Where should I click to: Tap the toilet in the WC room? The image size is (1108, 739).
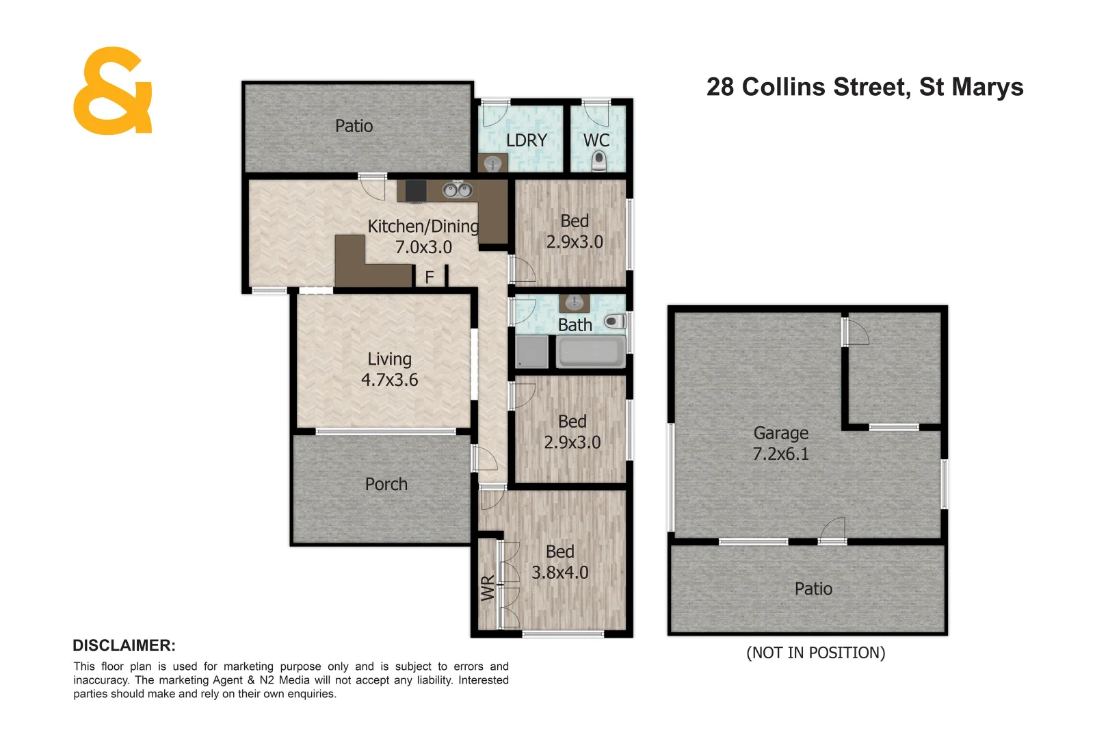[599, 161]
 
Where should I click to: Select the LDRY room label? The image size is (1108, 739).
[526, 140]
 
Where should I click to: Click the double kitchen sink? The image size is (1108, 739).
[457, 190]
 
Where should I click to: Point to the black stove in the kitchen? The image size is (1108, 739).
[416, 191]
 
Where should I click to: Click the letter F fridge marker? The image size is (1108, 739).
[430, 277]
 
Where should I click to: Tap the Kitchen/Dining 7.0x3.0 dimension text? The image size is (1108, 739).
[423, 247]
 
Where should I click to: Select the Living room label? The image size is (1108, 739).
[389, 359]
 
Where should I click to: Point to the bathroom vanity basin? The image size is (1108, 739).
[574, 303]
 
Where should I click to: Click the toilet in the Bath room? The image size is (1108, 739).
[614, 321]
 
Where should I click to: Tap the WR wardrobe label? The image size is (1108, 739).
[488, 588]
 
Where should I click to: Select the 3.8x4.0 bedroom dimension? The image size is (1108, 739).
[559, 573]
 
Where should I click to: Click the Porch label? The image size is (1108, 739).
[386, 484]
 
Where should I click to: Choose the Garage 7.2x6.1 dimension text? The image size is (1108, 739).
[780, 454]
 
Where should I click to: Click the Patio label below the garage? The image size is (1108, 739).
[813, 589]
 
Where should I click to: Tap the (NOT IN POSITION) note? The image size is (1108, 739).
[815, 653]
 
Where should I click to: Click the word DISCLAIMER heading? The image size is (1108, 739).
[124, 645]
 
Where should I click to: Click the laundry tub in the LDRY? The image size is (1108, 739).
[493, 164]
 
